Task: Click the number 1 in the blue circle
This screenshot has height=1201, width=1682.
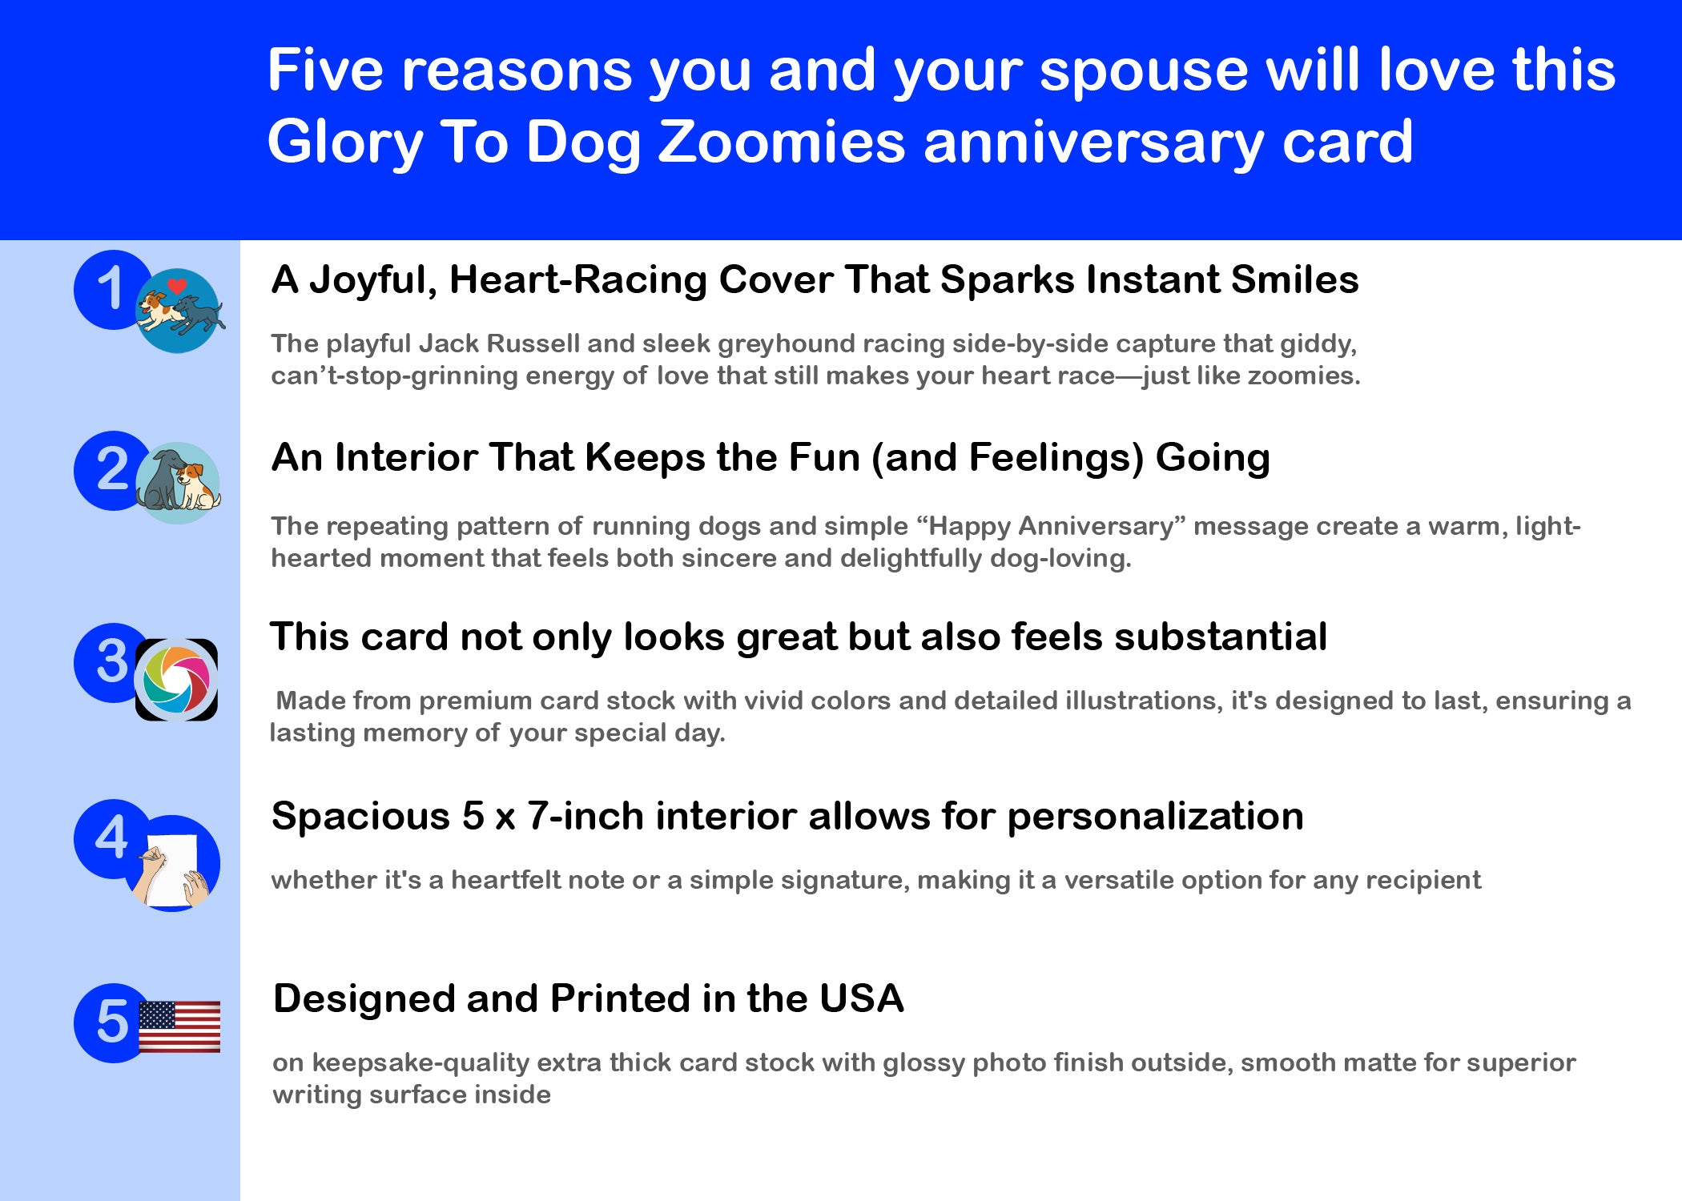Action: point(110,288)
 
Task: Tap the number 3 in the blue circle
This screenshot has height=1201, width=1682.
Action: point(112,661)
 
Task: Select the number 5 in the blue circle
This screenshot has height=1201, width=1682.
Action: point(112,1022)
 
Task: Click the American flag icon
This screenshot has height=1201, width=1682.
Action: point(179,1026)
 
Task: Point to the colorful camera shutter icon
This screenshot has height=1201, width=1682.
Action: point(176,680)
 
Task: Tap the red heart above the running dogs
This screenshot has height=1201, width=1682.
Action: point(177,286)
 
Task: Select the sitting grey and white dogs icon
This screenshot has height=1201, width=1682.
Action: point(178,483)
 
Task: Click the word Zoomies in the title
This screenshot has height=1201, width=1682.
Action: point(782,142)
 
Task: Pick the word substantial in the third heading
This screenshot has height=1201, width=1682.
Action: point(1220,637)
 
